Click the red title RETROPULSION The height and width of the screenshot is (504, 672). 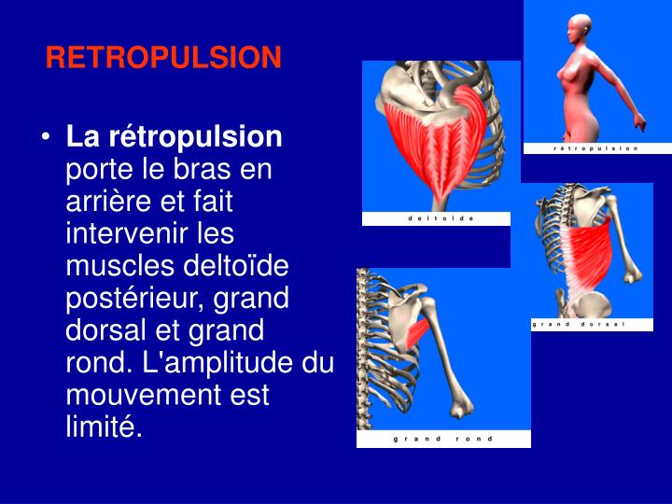pyautogui.click(x=163, y=59)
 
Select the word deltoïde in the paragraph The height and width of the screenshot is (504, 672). pyautogui.click(x=245, y=268)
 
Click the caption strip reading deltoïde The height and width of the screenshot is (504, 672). pyautogui.click(x=437, y=218)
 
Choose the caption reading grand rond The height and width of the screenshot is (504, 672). pyautogui.click(x=443, y=439)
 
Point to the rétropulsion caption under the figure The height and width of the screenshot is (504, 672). pyautogui.click(x=595, y=148)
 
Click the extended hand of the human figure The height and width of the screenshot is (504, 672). pyautogui.click(x=641, y=121)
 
